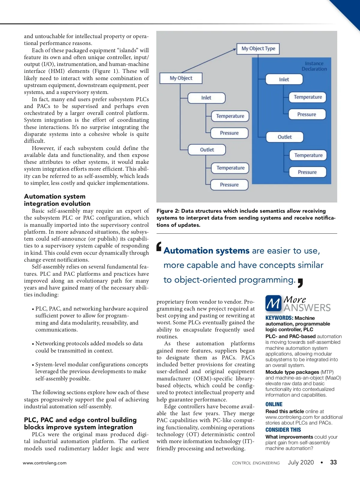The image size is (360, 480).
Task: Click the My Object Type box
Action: coord(258,49)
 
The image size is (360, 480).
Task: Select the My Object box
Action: coord(181,78)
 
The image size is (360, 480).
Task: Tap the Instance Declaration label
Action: coord(314,66)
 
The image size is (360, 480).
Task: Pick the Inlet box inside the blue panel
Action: coord(284,79)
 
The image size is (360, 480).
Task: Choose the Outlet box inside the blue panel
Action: coord(285,137)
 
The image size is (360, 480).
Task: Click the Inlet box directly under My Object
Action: coord(206,98)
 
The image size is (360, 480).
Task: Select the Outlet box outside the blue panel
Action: coord(207,150)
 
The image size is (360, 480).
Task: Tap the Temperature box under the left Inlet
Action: coord(230,116)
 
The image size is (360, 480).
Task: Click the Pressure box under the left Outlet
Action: coord(229,185)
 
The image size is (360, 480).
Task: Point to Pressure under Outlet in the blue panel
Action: coord(307,172)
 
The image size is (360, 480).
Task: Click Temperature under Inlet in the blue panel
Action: coord(308,97)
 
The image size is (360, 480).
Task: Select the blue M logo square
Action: coord(273,303)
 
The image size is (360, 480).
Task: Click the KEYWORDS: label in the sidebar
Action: coord(279,318)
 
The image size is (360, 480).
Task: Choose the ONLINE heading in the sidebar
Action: coord(274,404)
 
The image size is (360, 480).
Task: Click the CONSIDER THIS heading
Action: coord(283,430)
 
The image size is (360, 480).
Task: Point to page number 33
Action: coord(333,462)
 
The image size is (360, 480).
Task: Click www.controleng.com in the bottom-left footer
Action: coord(45,463)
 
